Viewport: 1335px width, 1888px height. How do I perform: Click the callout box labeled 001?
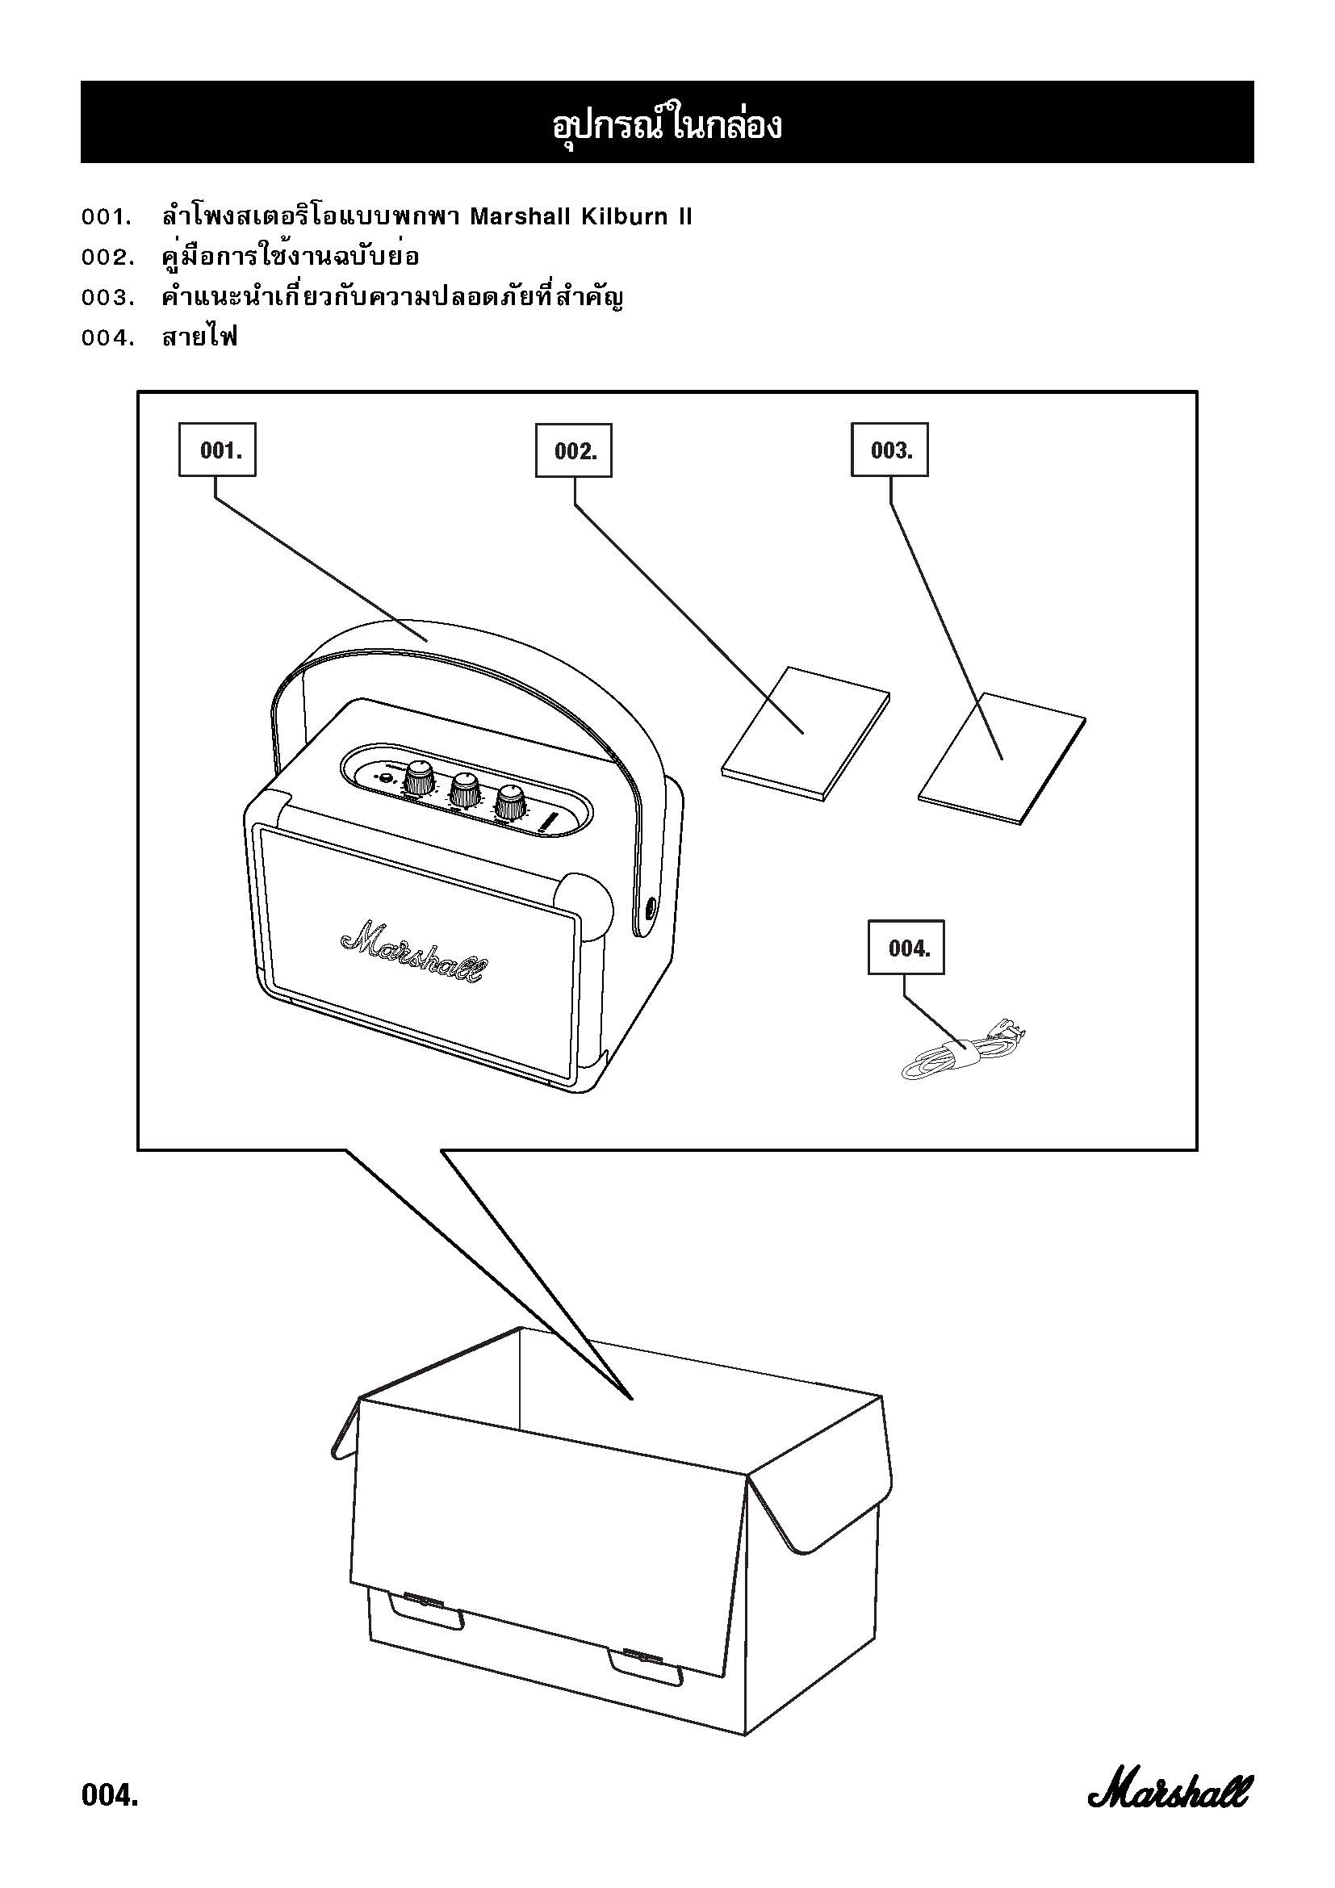click(x=217, y=450)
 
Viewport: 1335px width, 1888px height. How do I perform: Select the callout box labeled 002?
click(x=574, y=450)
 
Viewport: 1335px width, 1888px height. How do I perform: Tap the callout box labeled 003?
click(x=889, y=450)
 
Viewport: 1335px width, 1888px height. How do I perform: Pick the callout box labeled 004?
click(x=906, y=948)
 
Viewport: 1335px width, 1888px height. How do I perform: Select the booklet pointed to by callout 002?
click(x=806, y=734)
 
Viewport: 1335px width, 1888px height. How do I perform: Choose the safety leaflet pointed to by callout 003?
click(x=1001, y=757)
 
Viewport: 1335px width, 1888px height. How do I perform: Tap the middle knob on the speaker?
click(x=464, y=790)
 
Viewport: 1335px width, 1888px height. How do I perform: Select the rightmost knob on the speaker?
click(x=511, y=802)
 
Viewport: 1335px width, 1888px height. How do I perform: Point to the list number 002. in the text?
click(x=107, y=257)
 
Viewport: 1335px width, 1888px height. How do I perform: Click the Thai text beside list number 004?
click(x=199, y=337)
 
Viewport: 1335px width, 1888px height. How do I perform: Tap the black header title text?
click(x=667, y=125)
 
